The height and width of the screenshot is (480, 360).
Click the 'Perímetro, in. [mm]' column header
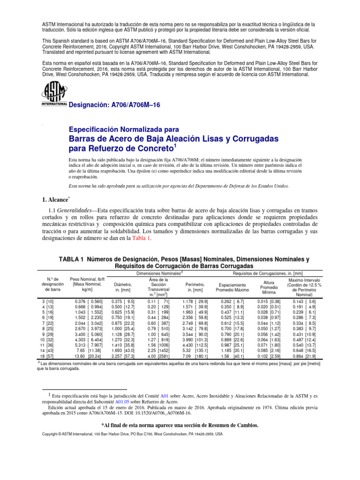tap(197, 287)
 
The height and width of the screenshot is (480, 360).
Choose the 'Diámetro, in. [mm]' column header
tap(120, 287)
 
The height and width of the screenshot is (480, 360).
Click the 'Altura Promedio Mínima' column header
tap(269, 287)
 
